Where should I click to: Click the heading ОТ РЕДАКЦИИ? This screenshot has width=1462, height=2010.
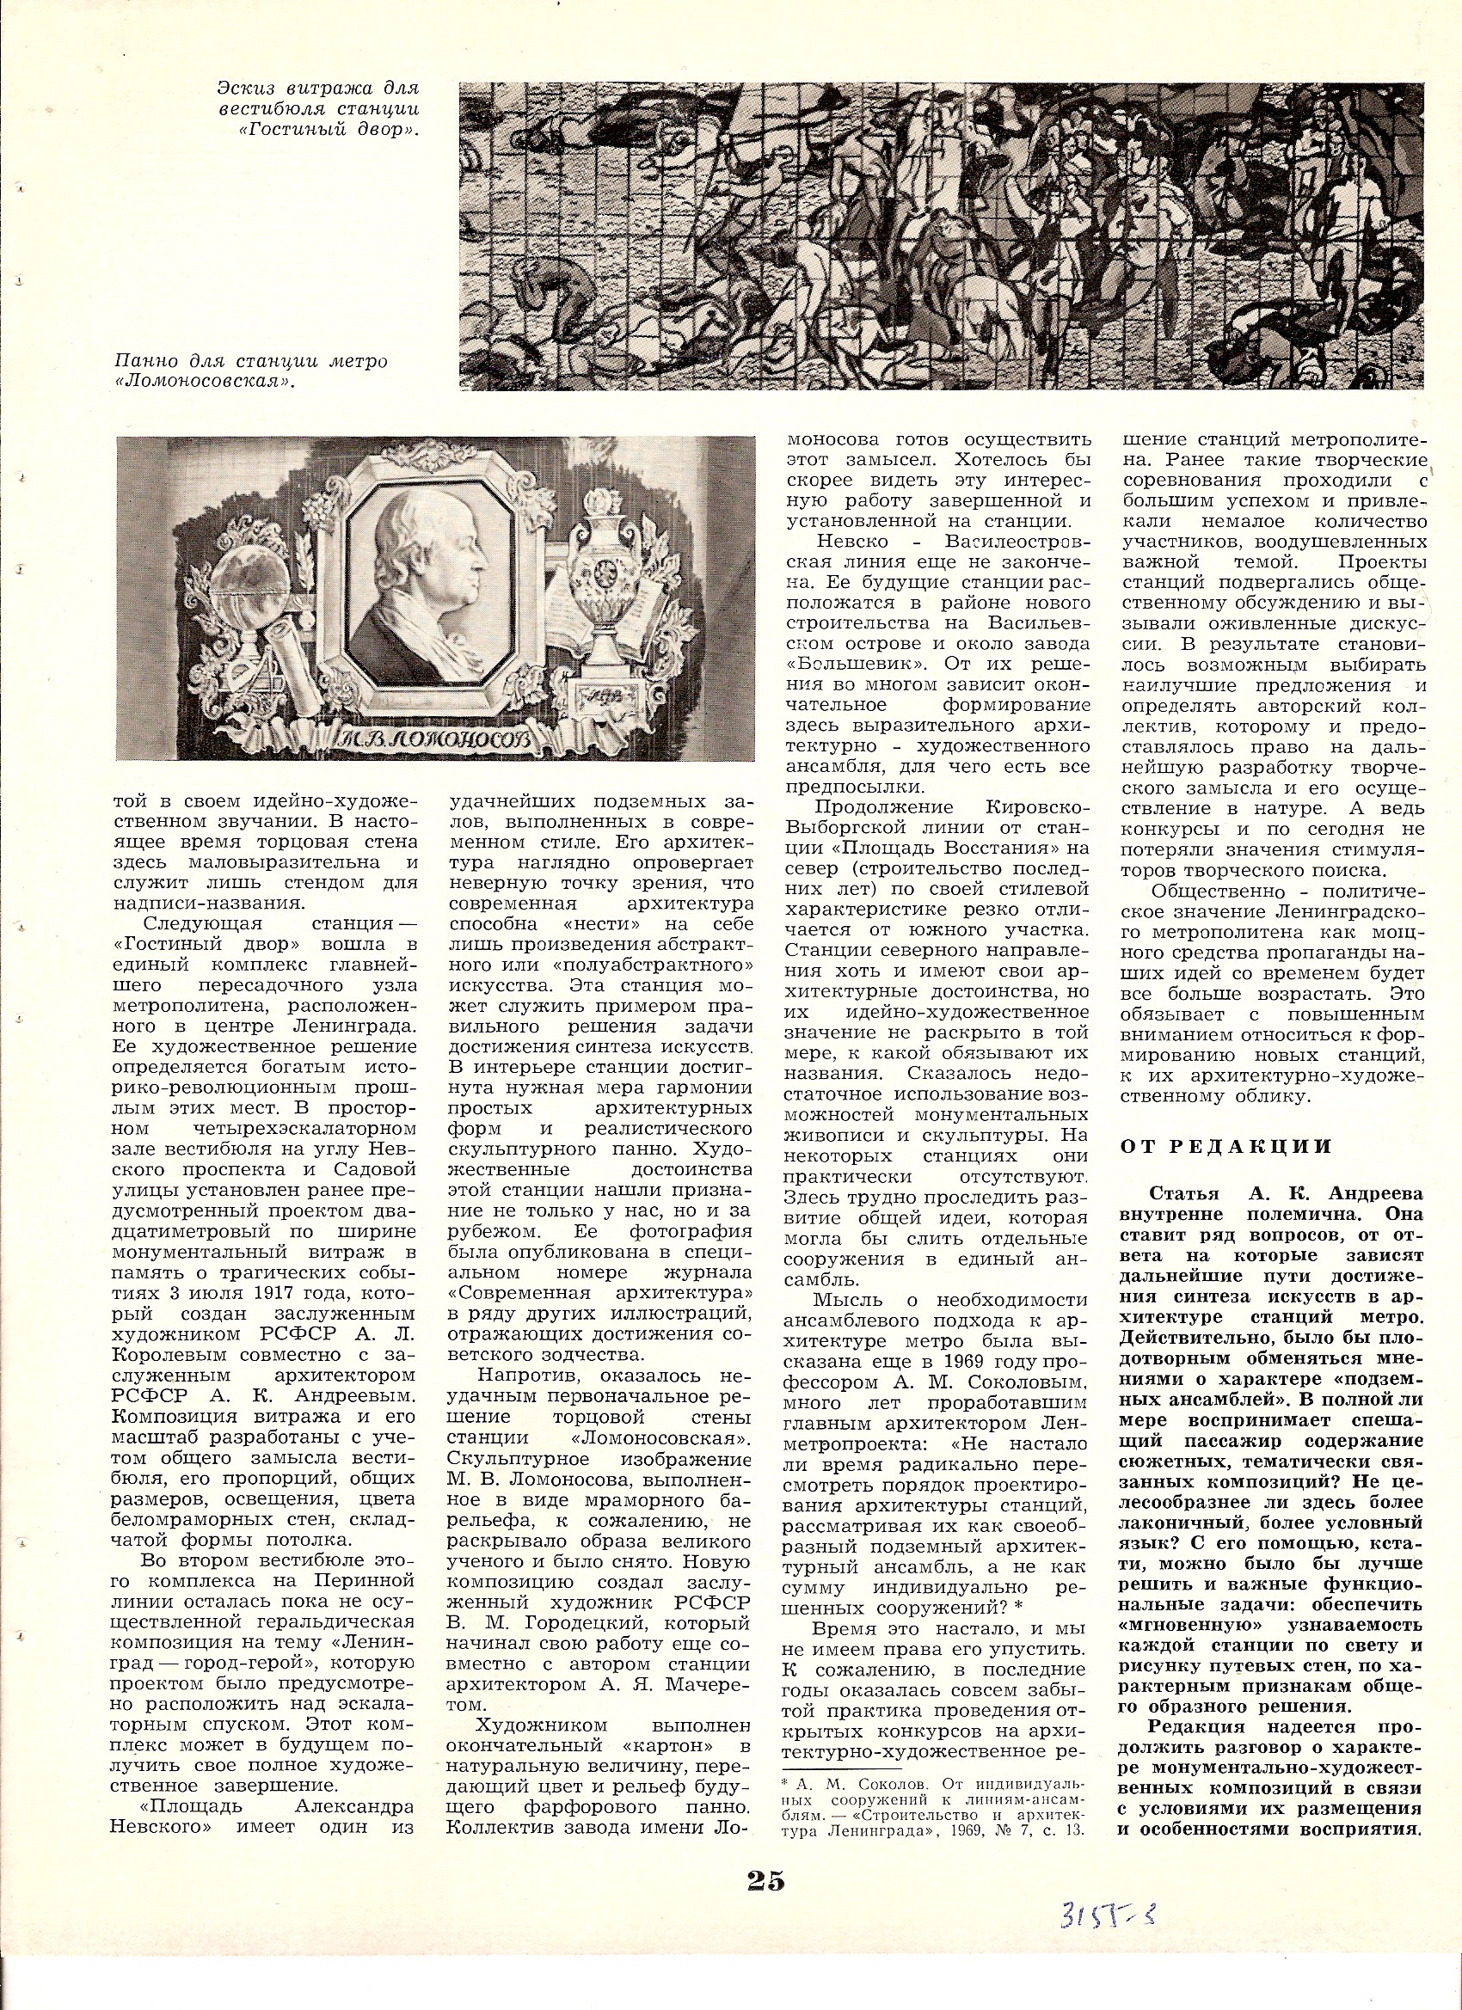[1227, 1147]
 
